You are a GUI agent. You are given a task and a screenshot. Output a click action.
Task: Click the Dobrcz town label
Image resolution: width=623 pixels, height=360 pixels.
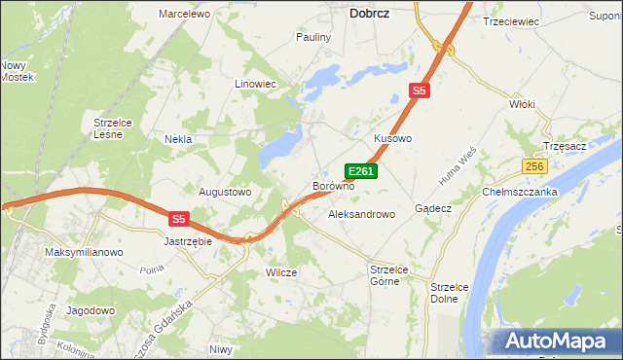pos(371,14)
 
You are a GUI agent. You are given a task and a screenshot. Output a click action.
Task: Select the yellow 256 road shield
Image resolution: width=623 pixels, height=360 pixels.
pos(533,166)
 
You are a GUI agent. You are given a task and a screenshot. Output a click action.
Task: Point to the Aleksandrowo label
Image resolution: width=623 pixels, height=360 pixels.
pos(361,213)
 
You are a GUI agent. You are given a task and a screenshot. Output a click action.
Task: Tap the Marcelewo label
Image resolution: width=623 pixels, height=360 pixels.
pos(185,14)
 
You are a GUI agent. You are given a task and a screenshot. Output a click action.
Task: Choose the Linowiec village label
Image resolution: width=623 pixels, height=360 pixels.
pos(256,84)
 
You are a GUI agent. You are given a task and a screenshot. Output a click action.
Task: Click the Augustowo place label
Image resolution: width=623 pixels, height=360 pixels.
pos(225,192)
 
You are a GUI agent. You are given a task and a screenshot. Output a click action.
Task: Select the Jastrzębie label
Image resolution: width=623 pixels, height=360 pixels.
pos(188,240)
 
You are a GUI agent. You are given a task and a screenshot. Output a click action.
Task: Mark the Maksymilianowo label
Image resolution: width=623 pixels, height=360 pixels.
pos(84,252)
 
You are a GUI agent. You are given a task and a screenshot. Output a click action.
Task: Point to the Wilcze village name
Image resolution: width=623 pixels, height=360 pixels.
pos(281,272)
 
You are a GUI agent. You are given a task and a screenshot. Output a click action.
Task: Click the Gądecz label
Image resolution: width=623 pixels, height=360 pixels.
pos(433,208)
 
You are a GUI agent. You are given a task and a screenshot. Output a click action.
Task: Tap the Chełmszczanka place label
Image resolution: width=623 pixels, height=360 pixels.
pos(520,192)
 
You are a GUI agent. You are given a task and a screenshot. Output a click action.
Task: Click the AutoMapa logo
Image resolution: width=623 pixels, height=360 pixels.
pos(551,342)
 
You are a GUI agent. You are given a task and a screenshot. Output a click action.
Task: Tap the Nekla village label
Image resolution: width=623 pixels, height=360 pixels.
pos(177,139)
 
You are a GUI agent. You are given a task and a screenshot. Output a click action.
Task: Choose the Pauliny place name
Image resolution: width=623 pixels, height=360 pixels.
pos(313,37)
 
